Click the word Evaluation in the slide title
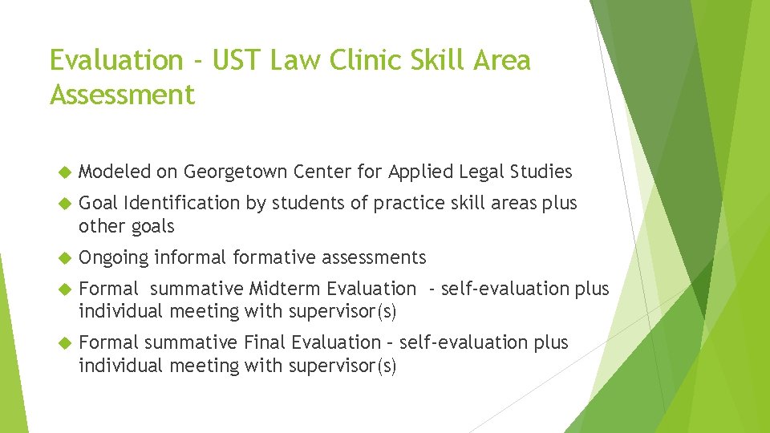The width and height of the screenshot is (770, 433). click(x=116, y=60)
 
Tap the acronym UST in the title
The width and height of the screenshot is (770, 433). click(x=243, y=60)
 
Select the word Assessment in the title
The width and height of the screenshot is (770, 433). click(x=122, y=95)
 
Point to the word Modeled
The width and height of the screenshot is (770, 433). click(x=115, y=172)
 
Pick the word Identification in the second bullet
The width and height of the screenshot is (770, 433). click(x=182, y=204)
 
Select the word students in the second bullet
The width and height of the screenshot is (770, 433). click(x=308, y=204)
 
